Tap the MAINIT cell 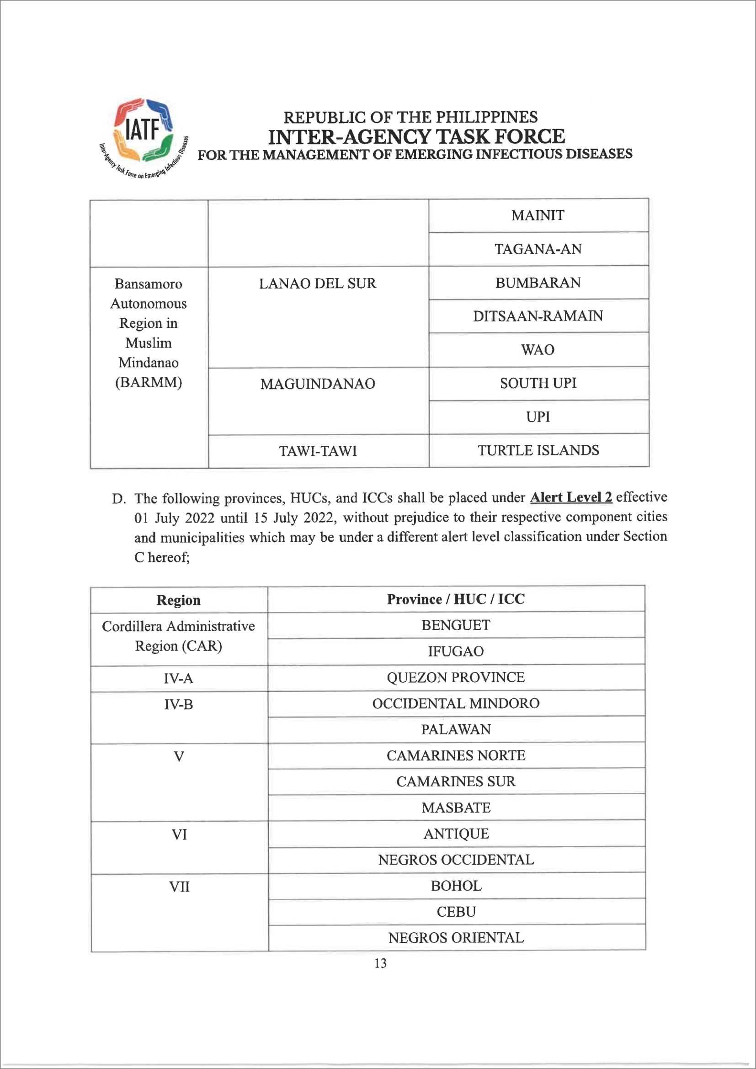click(x=538, y=215)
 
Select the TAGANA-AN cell click(x=538, y=249)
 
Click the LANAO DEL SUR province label click(x=318, y=283)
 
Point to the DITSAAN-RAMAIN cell click(x=538, y=316)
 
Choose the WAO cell click(x=538, y=350)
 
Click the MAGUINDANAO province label click(x=318, y=384)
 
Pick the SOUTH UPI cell click(x=538, y=383)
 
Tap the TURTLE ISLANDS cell click(x=538, y=450)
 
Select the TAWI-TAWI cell click(x=318, y=451)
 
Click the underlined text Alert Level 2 click(x=571, y=497)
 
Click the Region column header click(x=178, y=600)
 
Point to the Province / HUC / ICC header click(x=456, y=599)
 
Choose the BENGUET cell click(x=456, y=625)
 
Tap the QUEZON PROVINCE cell click(x=456, y=678)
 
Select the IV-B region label click(x=178, y=705)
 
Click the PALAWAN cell click(x=456, y=730)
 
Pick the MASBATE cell click(x=456, y=808)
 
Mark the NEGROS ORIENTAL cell click(x=456, y=938)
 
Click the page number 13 click(x=380, y=963)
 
